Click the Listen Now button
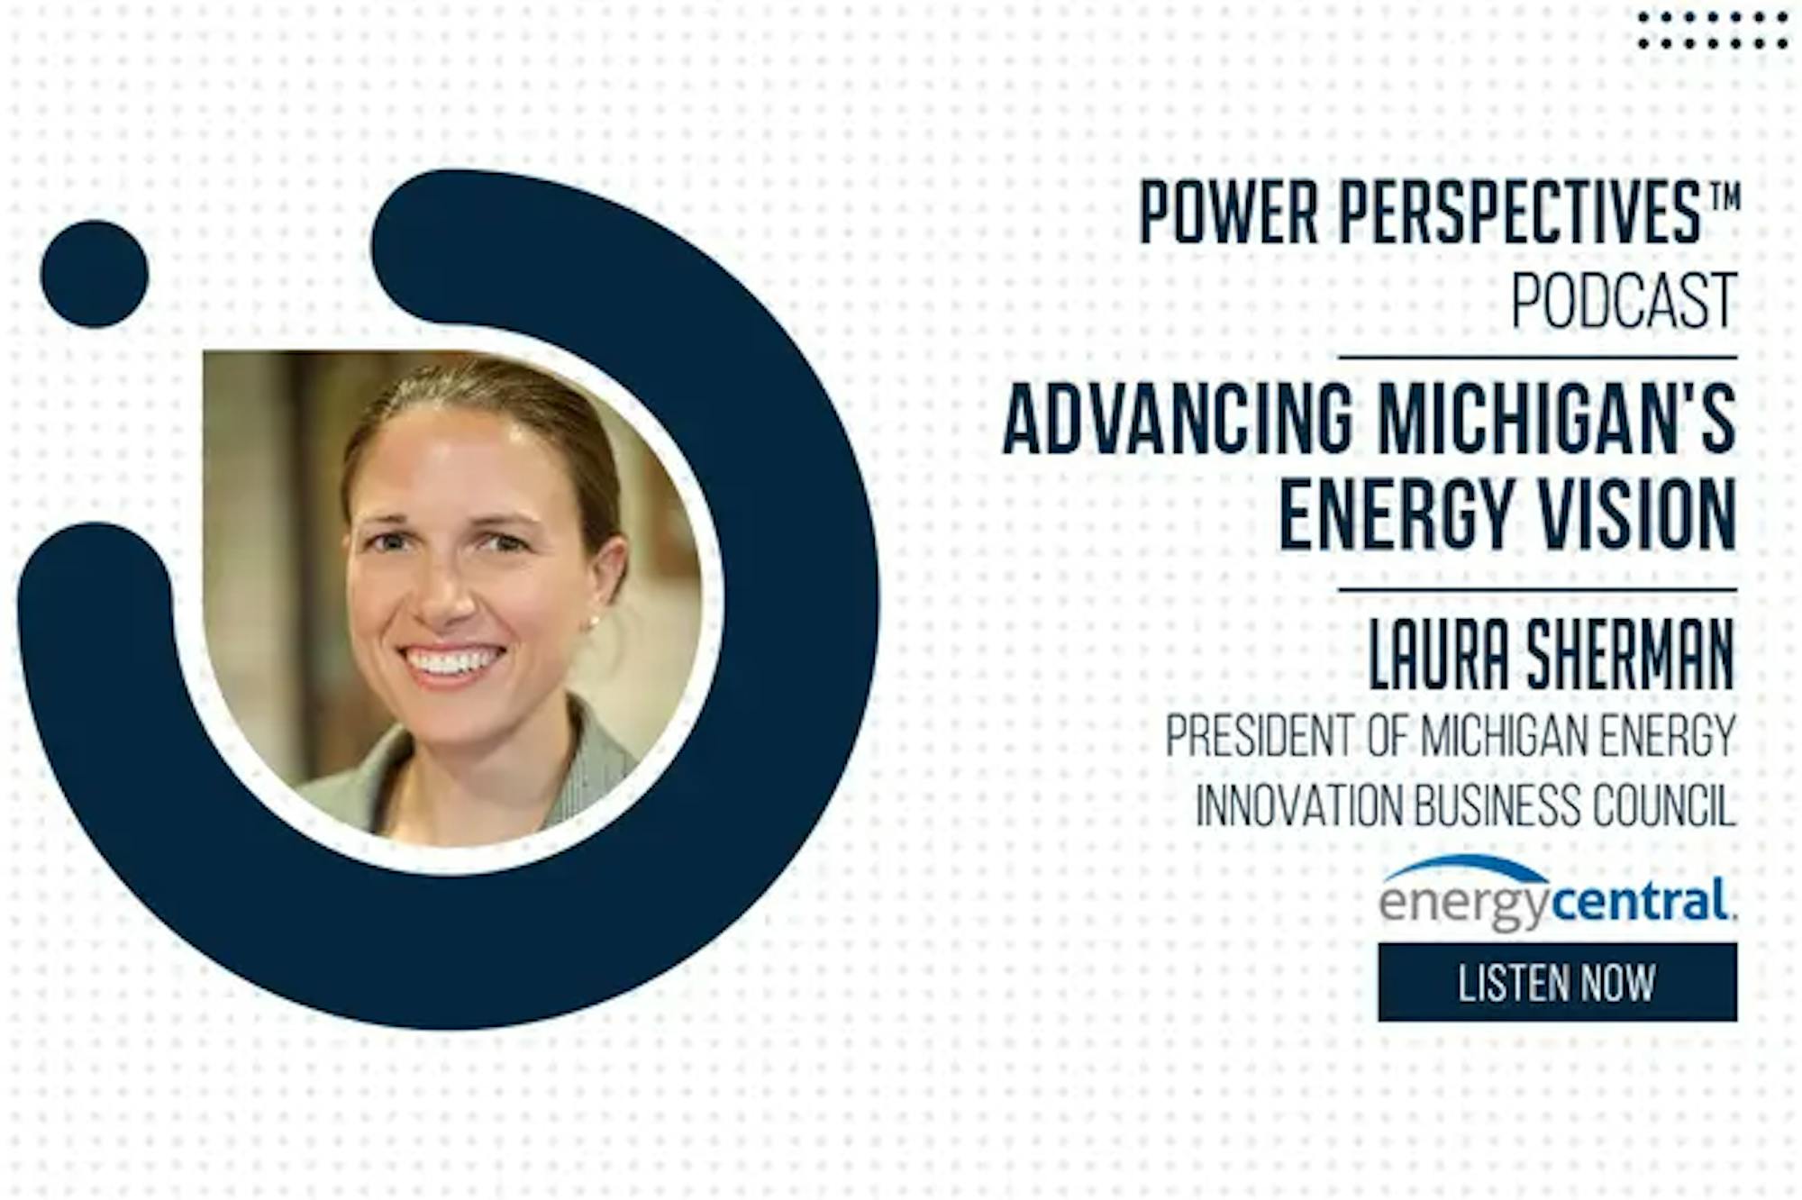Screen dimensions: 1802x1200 pyautogui.click(x=1557, y=982)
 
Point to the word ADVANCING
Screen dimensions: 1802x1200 pyautogui.click(x=1179, y=419)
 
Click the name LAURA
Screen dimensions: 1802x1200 pyautogui.click(x=1439, y=656)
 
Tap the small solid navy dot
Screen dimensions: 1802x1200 pyautogui.click(x=95, y=274)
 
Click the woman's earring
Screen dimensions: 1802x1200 pyautogui.click(x=596, y=621)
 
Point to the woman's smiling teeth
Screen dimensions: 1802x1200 pyautogui.click(x=451, y=662)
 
